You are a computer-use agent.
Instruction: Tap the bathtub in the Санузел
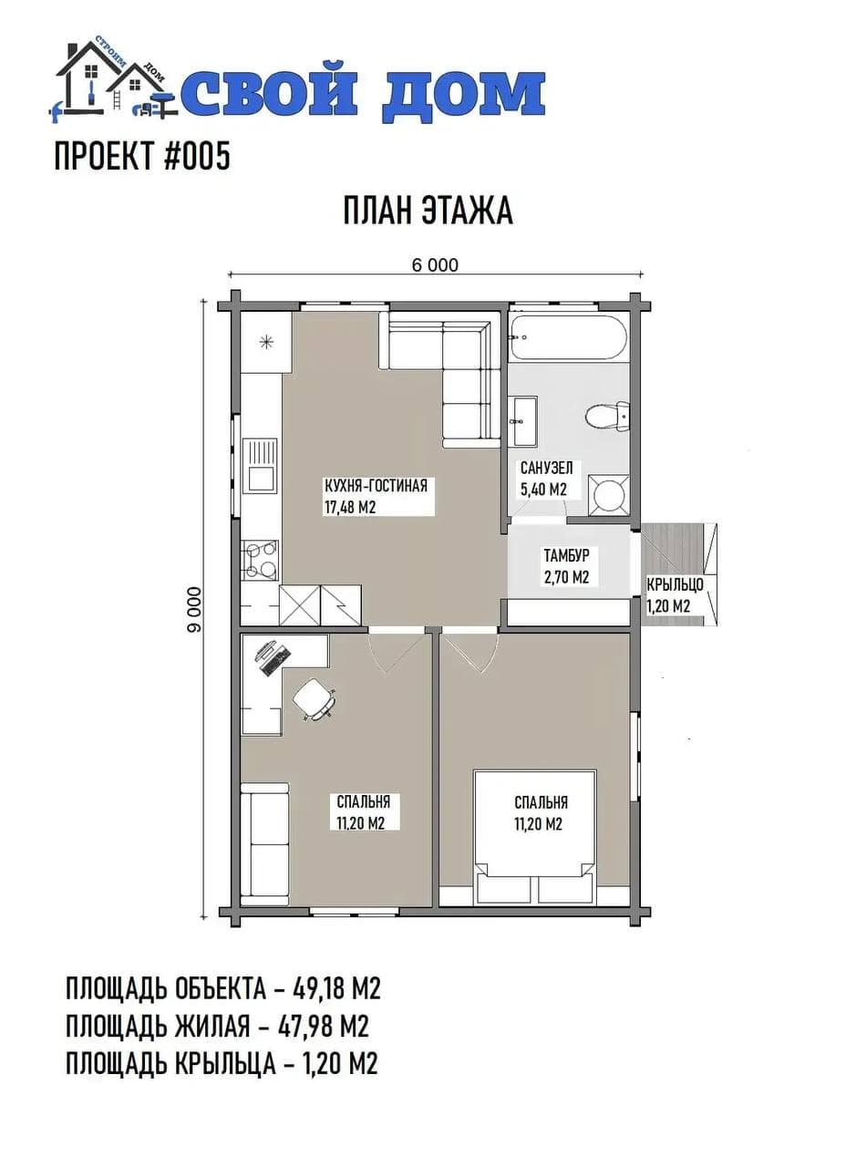click(568, 337)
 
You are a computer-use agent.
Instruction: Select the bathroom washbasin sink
click(526, 421)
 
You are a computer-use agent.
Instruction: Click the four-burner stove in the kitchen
click(260, 561)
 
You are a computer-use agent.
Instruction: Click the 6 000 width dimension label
click(435, 265)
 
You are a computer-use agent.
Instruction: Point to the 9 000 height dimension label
click(194, 610)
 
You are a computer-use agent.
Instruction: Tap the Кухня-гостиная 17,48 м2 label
click(376, 497)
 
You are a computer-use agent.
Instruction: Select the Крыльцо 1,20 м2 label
click(676, 595)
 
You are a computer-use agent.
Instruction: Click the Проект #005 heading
click(142, 156)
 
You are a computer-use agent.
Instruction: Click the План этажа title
click(428, 211)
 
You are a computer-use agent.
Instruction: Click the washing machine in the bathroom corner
click(608, 494)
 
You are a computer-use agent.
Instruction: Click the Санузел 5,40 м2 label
click(545, 479)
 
